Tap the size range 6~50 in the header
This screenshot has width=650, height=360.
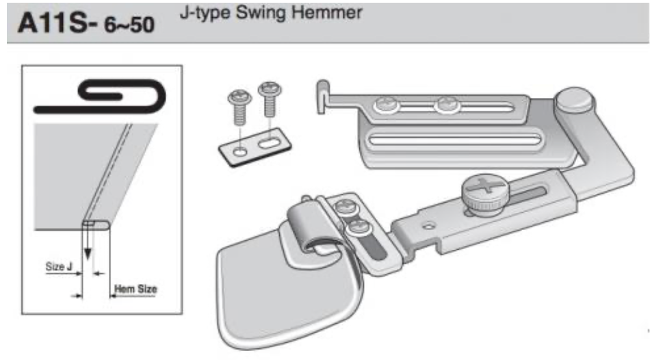pyautogui.click(x=129, y=25)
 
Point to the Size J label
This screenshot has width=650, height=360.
pyautogui.click(x=58, y=266)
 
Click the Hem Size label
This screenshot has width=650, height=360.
pyautogui.click(x=135, y=289)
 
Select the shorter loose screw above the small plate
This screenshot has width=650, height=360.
pyautogui.click(x=239, y=107)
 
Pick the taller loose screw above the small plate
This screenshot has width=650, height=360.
pyautogui.click(x=270, y=99)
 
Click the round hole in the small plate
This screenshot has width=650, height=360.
pyautogui.click(x=240, y=152)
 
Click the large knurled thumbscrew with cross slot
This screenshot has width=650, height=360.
pyautogui.click(x=484, y=192)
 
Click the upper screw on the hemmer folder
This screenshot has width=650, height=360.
pyautogui.click(x=343, y=207)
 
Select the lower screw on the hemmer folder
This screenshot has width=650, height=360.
pyautogui.click(x=358, y=228)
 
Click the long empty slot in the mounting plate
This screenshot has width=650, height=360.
pyautogui.click(x=455, y=140)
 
